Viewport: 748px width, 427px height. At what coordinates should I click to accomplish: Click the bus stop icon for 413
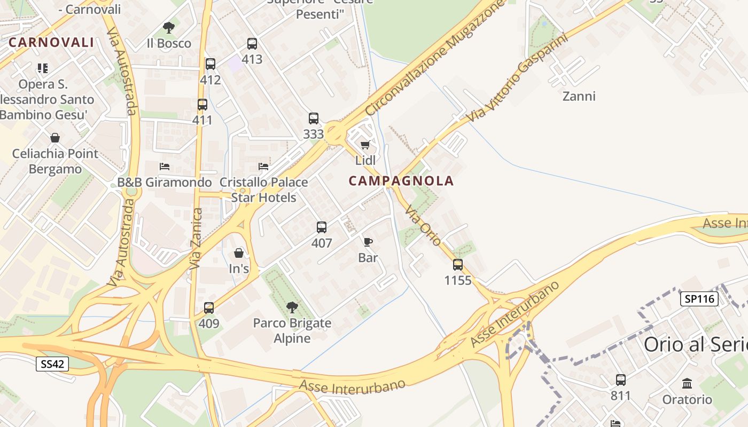tap(252, 44)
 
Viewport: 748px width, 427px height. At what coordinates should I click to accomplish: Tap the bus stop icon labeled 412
tap(211, 64)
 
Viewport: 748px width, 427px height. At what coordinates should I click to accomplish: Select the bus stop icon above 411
tap(202, 105)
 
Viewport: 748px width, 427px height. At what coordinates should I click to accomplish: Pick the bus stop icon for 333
tap(314, 118)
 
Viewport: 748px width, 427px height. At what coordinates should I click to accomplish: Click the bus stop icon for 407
tap(322, 227)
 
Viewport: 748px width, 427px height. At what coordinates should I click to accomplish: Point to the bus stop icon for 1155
tap(458, 265)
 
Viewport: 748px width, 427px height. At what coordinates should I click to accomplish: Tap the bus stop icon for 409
tap(209, 308)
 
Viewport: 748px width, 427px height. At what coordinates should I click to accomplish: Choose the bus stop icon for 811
tap(621, 380)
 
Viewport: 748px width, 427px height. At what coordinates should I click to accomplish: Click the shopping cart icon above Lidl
tap(365, 145)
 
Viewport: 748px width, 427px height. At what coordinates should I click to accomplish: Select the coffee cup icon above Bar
tap(368, 242)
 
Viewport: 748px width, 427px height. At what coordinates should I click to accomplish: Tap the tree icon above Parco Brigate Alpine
tap(292, 307)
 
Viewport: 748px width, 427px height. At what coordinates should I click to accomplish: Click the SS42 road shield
tap(53, 365)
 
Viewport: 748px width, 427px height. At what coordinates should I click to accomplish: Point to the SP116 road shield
tap(699, 298)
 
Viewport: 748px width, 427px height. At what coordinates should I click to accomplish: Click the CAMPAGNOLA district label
tap(401, 181)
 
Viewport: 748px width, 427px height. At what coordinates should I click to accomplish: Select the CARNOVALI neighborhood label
tap(51, 43)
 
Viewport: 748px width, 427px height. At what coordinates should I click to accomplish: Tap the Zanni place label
tap(579, 97)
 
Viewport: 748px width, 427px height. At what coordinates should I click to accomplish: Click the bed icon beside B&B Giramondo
tap(165, 167)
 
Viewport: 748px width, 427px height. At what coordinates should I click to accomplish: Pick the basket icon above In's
tap(239, 252)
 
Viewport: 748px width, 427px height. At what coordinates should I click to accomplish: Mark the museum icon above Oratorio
tap(687, 383)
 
